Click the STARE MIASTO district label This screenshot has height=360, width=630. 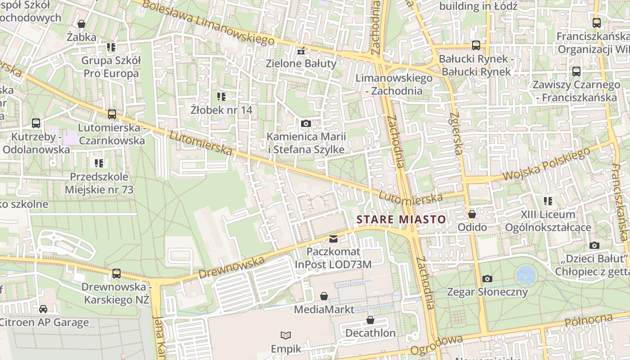401,220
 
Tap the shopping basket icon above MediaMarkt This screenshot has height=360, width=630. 324,296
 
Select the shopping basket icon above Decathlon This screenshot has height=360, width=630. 370,320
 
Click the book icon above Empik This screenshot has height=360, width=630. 285,335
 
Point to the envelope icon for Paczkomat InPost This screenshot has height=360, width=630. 333,238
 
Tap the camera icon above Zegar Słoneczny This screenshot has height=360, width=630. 487,279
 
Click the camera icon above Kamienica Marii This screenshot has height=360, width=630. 306,123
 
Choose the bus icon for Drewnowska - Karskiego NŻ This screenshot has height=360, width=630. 116,273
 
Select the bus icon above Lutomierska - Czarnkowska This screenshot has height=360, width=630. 112,114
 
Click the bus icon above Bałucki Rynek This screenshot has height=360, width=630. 476,45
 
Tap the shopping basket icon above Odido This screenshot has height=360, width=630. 472,214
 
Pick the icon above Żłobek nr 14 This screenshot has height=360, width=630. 221,96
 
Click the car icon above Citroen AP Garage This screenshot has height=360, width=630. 43,309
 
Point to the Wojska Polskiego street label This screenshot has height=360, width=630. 546,164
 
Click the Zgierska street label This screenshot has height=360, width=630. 455,134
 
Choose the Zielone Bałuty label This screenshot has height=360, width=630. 301,63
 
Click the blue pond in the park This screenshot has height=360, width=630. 526,274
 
